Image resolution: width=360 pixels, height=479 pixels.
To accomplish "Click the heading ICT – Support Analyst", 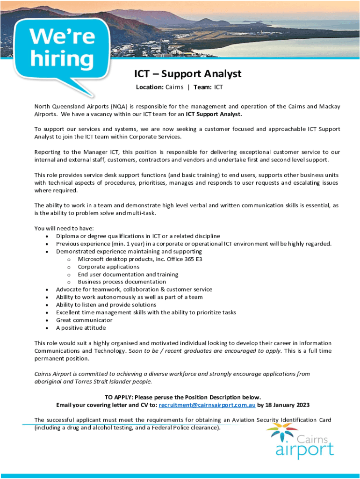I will coord(188,74).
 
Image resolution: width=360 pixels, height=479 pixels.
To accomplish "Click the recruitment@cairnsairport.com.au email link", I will coord(207,405).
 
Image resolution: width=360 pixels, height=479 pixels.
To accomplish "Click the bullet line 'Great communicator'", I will coord(84,320).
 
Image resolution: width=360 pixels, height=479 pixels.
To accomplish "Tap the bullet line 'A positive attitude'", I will coord(81,327).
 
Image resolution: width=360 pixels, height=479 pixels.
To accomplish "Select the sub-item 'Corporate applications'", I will coord(108,267).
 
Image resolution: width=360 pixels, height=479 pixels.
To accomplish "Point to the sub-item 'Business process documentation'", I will coord(122,282).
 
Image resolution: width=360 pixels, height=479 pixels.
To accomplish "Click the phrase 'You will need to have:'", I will coord(64,228).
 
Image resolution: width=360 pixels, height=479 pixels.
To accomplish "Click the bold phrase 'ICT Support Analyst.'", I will coord(214,114).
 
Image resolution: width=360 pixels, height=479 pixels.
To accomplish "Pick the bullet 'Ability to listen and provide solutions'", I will coord(106,305).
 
